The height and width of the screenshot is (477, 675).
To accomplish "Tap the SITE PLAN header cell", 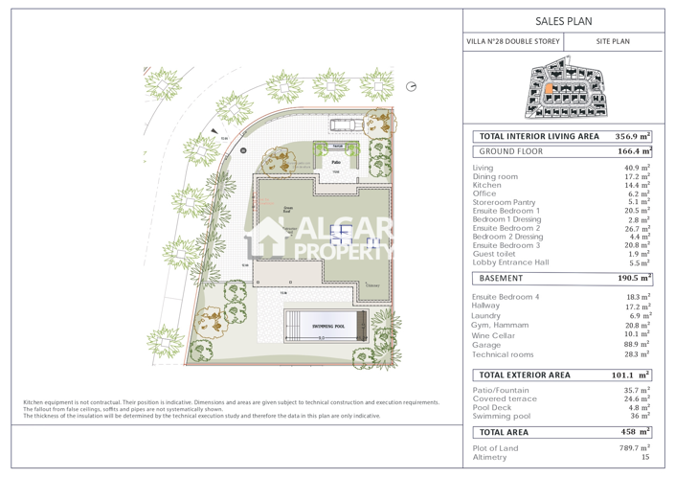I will tap(613, 42).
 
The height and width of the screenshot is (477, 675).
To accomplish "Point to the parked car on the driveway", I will tap(344, 125).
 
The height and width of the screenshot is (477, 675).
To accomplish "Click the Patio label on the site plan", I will tap(336, 163).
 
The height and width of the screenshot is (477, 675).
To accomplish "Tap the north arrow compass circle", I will tap(411, 87).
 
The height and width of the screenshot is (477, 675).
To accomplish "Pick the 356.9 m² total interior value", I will tap(633, 137).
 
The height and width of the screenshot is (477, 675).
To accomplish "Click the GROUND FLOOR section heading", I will tap(511, 151).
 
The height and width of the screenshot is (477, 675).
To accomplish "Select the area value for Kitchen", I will tap(637, 185).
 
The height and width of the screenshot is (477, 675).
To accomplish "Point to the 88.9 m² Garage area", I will tap(637, 345).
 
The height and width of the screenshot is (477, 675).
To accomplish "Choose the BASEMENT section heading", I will tap(502, 279).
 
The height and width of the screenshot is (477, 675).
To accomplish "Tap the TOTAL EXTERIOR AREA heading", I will tap(525, 375).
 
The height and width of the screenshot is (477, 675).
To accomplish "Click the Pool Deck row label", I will tap(492, 408).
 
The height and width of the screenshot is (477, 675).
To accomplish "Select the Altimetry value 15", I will tap(644, 457).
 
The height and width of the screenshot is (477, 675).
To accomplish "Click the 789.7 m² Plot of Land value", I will tap(633, 447).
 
